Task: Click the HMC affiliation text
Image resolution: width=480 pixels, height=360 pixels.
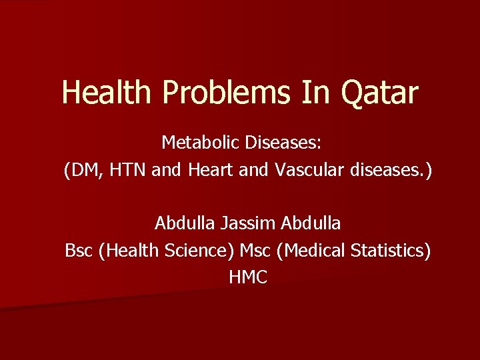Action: [x=247, y=278]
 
